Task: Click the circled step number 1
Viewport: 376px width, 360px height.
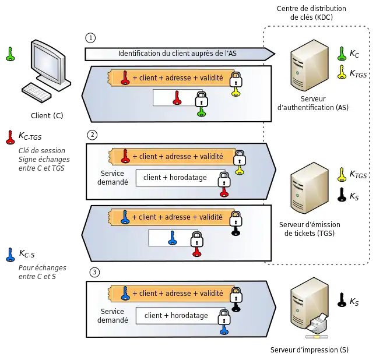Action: (x=90, y=38)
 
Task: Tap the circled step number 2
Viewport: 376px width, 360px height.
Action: (x=92, y=135)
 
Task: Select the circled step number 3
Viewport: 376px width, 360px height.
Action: (x=94, y=272)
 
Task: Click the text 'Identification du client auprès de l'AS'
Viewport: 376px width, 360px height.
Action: (x=177, y=54)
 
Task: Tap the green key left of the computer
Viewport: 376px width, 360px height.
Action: (x=9, y=54)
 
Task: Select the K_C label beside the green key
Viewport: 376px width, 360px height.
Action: (x=354, y=54)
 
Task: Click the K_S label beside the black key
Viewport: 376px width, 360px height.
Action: (x=354, y=196)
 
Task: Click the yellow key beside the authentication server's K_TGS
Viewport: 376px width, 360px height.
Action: (x=342, y=72)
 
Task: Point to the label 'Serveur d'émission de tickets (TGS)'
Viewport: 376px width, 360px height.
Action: (x=309, y=229)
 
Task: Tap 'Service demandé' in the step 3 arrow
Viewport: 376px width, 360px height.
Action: (x=113, y=316)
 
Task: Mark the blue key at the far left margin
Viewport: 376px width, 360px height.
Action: (x=9, y=255)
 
